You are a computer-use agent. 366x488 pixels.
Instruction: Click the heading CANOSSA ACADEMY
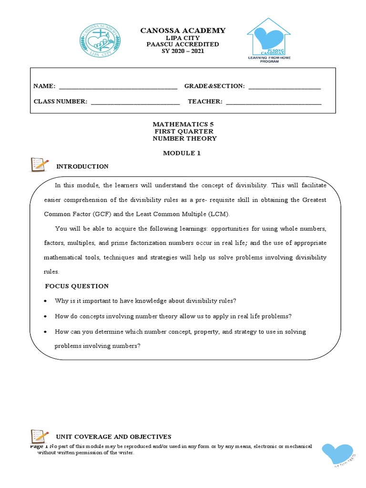[x=183, y=30]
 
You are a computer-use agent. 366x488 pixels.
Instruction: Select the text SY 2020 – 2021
[x=183, y=51]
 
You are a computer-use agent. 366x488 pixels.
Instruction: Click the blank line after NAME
[x=117, y=86]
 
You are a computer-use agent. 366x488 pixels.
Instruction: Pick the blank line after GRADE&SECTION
[x=285, y=86]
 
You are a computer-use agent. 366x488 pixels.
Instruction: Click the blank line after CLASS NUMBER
[x=135, y=102]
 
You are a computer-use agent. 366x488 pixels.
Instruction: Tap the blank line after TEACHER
[x=274, y=102]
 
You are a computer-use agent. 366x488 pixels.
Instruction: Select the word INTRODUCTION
[x=82, y=166]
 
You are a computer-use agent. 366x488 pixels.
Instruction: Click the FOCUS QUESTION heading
[x=77, y=286]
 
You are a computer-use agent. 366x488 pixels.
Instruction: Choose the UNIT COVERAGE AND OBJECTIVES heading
[x=114, y=437]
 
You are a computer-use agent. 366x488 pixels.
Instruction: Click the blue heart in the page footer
[x=337, y=453]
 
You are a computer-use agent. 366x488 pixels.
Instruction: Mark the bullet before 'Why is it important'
[x=45, y=301]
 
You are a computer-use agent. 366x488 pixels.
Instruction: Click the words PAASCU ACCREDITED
[x=183, y=44]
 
